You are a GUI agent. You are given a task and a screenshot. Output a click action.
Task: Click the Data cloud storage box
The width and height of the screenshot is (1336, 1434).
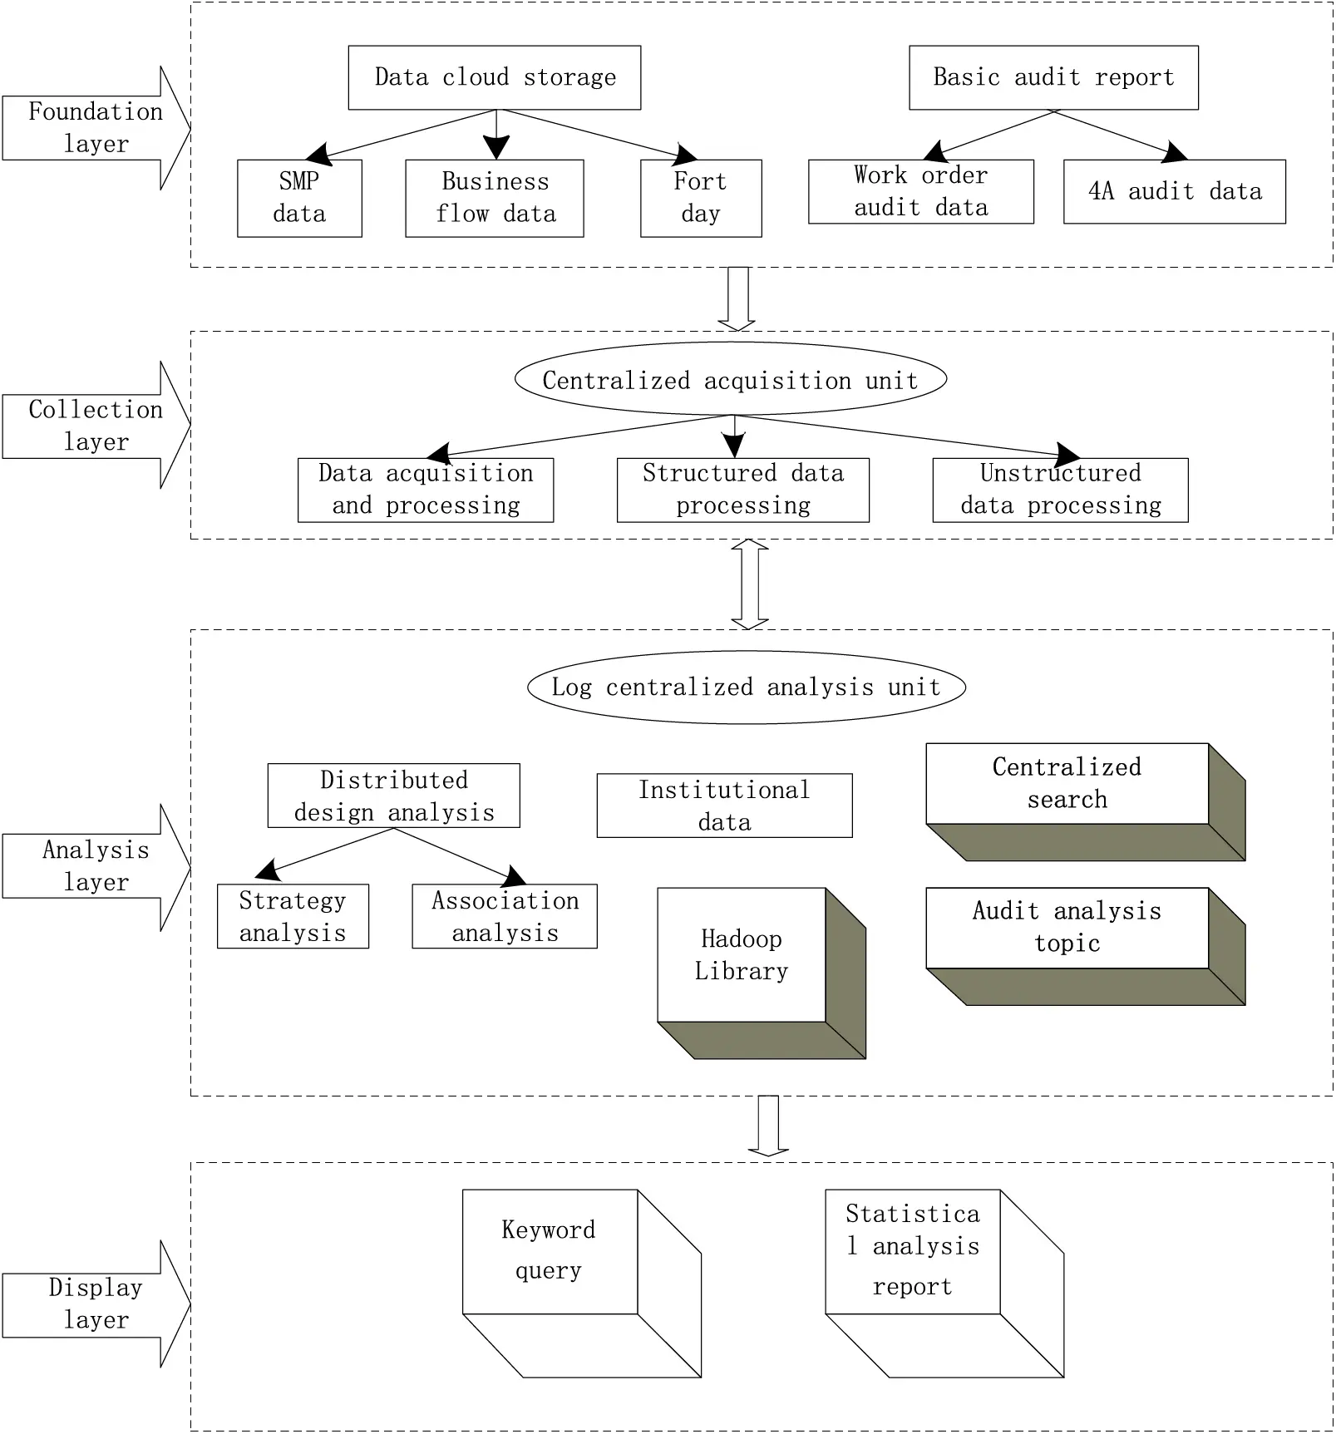[494, 77]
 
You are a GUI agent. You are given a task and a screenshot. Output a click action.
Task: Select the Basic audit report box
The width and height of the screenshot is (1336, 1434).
[1053, 77]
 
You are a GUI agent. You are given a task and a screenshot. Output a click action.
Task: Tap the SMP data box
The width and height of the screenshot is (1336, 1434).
[299, 198]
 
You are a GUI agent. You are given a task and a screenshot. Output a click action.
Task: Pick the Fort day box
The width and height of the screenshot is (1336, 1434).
[700, 198]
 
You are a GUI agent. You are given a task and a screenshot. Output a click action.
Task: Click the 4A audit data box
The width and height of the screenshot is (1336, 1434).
[1174, 191]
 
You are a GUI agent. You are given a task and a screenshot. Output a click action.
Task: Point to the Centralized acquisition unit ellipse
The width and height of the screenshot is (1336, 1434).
[730, 380]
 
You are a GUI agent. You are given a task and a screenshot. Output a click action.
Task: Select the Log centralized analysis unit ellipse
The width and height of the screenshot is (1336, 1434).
[746, 687]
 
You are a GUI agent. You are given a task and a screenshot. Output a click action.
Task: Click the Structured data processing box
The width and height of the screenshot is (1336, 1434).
[742, 490]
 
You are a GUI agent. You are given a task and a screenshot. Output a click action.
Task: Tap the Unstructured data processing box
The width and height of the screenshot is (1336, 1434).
[1059, 490]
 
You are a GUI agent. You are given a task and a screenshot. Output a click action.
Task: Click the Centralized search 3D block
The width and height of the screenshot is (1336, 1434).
[1067, 783]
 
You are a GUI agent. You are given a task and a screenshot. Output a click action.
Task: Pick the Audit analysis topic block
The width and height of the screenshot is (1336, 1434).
[1067, 927]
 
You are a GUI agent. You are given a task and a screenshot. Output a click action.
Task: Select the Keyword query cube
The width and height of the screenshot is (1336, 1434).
[550, 1250]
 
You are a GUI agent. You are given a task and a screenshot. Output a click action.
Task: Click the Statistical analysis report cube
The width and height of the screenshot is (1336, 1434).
[912, 1250]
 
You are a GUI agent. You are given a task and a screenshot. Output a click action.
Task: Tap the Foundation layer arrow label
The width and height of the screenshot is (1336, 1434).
[95, 128]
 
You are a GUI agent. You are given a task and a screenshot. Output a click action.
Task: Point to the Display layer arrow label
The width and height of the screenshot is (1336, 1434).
[95, 1303]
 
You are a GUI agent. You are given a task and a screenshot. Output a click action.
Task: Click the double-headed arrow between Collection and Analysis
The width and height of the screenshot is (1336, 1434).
[749, 584]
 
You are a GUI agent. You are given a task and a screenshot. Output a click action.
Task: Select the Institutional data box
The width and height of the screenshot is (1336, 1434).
[723, 805]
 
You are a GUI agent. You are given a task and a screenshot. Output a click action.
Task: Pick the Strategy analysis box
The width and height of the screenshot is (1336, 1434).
[292, 916]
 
